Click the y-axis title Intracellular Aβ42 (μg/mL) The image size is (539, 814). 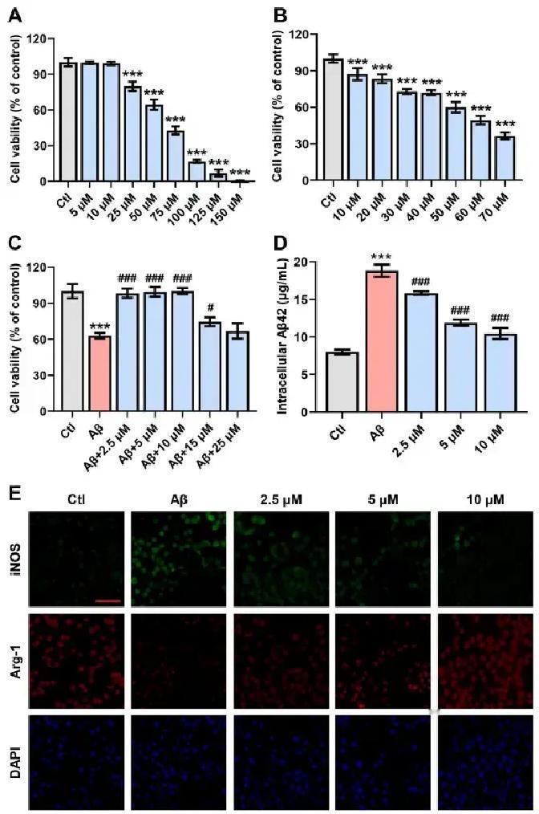click(283, 337)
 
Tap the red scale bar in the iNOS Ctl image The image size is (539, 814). click(107, 599)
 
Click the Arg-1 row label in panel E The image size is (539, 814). click(14, 661)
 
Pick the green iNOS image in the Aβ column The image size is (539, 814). click(180, 559)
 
